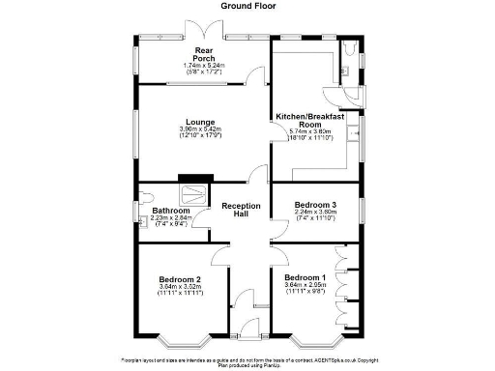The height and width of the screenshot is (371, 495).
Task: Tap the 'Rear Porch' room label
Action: pos(203,54)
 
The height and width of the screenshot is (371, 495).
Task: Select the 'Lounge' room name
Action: pos(200,121)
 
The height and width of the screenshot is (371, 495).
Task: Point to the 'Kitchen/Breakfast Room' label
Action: pos(310,120)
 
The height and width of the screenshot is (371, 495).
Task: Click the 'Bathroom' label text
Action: pos(171,211)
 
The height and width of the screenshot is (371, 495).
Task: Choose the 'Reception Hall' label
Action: pos(241,212)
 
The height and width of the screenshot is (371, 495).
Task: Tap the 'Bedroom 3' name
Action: pos(315,206)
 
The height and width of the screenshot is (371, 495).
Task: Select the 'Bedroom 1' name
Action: pos(305,278)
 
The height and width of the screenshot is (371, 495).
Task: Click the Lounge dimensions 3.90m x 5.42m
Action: pos(200,129)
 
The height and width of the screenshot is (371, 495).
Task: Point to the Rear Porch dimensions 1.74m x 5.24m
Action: pos(203,66)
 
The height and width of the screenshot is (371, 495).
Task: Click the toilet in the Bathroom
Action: pos(144,199)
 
